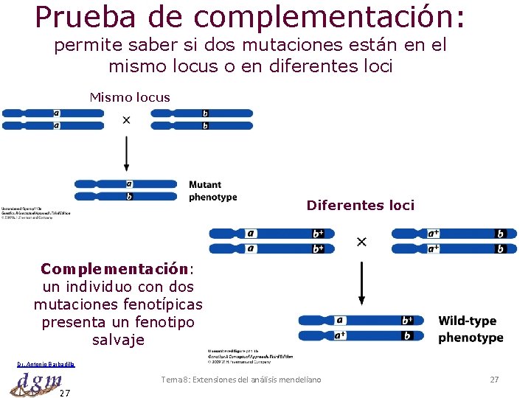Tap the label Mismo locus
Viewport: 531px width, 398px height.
tap(130, 97)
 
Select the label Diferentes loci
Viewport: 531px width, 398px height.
tap(361, 206)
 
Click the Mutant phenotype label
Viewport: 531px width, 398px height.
tap(213, 191)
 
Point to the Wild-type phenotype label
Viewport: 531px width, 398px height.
tap(470, 329)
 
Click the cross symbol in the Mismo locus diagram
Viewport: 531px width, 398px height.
tap(126, 120)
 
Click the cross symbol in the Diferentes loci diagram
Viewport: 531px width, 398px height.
tap(361, 242)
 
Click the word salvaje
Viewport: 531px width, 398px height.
tap(118, 340)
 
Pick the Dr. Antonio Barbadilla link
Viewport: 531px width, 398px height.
tap(46, 364)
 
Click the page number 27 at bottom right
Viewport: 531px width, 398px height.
tap(494, 380)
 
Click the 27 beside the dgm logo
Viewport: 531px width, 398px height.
tap(65, 392)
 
